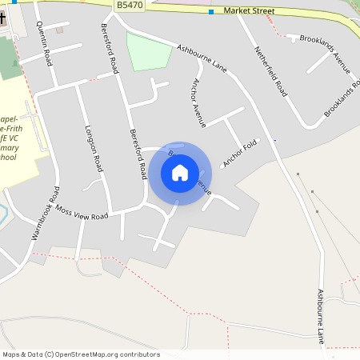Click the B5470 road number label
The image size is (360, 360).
pyautogui.click(x=128, y=5)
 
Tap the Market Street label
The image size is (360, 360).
pyautogui.click(x=248, y=12)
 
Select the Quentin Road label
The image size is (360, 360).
pyautogui.click(x=46, y=43)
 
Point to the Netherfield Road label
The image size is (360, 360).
pyautogui.click(x=270, y=70)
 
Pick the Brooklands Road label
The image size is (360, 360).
pyautogui.click(x=339, y=100)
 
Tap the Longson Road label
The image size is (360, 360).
pyautogui.click(x=94, y=148)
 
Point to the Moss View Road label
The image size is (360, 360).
pyautogui.click(x=78, y=217)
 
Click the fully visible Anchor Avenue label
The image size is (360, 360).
pyautogui.click(x=199, y=104)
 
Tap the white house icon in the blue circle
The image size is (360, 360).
pyautogui.click(x=179, y=172)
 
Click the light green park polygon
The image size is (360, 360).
pyautogui.click(x=150, y=52)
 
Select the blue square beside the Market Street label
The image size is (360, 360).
pyautogui.click(x=211, y=12)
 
